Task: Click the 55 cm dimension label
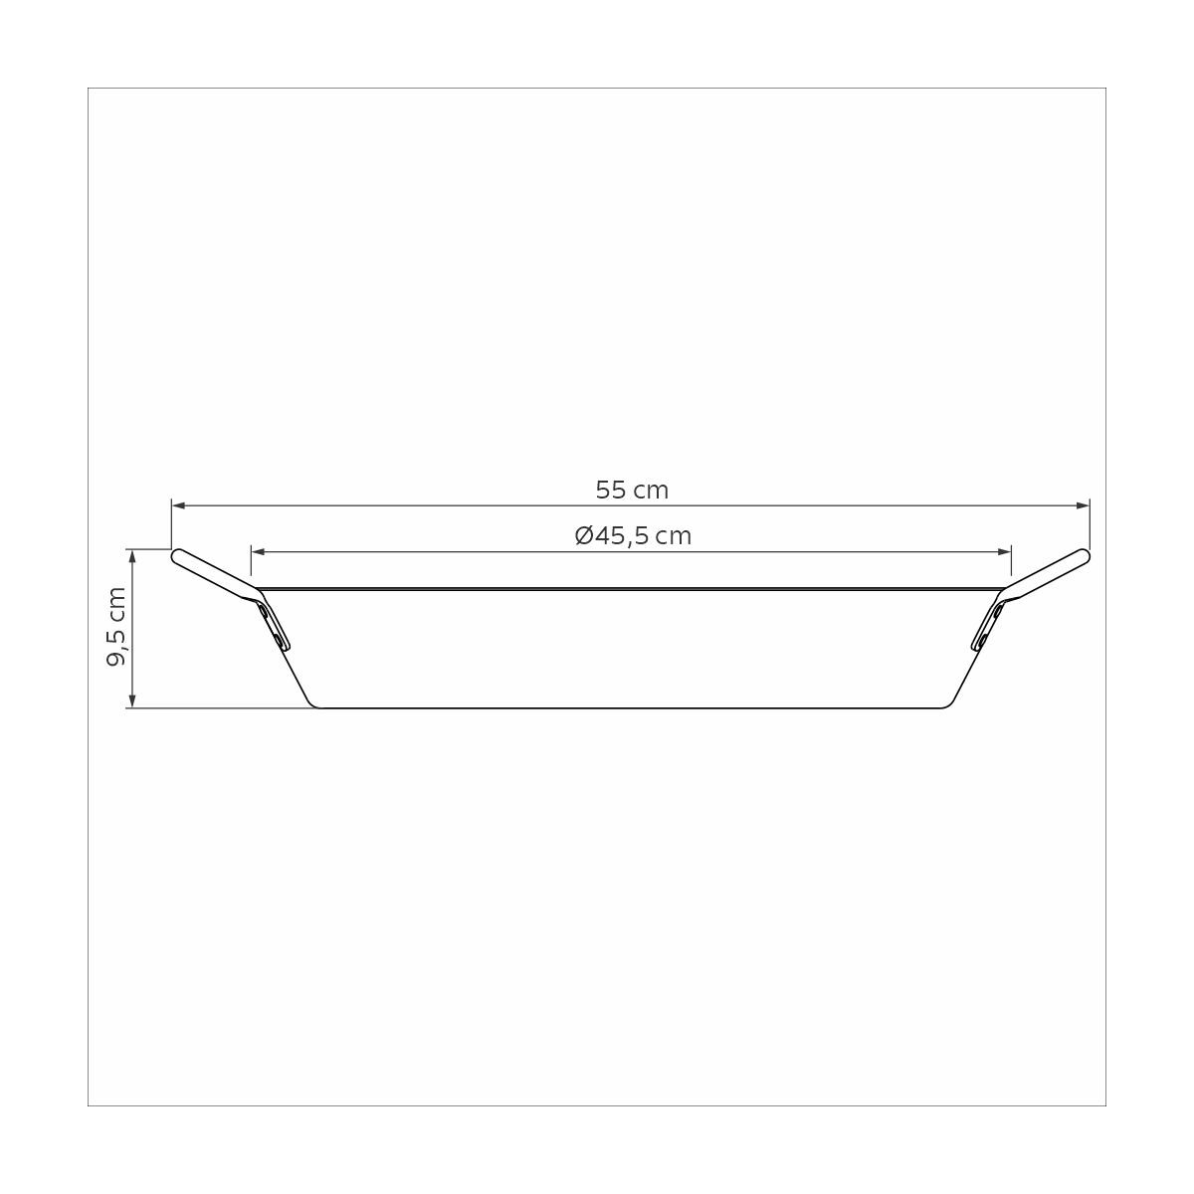(632, 491)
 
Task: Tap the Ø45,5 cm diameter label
(633, 535)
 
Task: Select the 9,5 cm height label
(117, 627)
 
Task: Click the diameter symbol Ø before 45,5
(584, 535)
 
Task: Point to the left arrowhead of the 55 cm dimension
(178, 505)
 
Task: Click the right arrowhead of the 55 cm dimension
(1083, 505)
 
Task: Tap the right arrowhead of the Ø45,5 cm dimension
(1004, 551)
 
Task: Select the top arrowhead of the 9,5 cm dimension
(131, 556)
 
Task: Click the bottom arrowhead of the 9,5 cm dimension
(131, 699)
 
